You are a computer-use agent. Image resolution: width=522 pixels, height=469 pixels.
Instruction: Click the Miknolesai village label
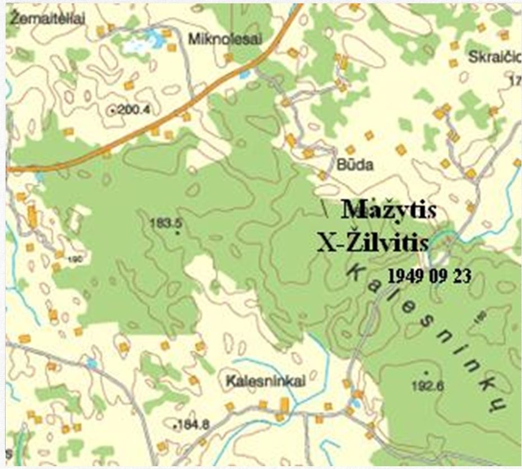214,40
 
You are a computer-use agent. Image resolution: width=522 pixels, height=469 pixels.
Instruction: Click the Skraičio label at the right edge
494,58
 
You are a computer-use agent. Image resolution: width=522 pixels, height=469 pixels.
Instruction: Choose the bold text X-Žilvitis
373,243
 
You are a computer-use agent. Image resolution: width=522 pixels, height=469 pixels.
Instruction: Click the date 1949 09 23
429,275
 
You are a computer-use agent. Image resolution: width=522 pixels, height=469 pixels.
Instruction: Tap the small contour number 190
77,260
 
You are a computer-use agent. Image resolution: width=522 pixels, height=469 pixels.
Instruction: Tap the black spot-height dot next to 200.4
114,111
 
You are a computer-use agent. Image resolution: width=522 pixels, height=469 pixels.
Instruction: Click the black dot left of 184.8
175,426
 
